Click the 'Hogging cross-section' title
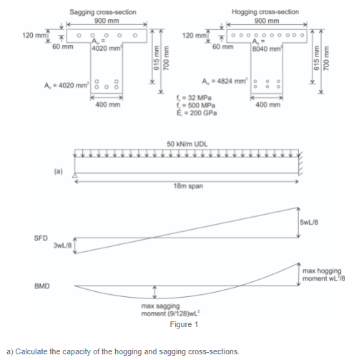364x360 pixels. tap(265, 12)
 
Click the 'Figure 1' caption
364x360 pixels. tap(183, 325)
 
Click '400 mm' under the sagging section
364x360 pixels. tap(107, 105)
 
